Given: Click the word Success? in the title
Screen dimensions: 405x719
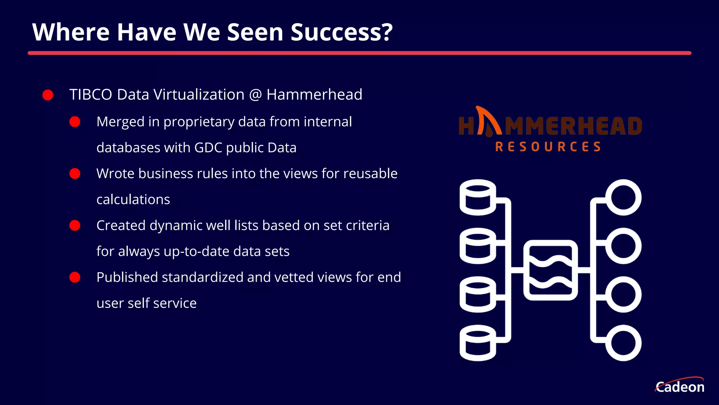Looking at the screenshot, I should [341, 32].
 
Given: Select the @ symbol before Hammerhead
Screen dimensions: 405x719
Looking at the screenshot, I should [256, 95].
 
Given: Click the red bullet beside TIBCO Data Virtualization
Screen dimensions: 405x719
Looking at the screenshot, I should [48, 95].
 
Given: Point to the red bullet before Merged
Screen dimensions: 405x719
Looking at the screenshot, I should [75, 122].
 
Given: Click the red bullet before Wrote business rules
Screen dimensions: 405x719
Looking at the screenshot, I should [75, 174].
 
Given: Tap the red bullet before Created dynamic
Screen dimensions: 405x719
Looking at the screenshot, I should [75, 225].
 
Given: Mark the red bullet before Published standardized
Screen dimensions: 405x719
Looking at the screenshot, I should [75, 277].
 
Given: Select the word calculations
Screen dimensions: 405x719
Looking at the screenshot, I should [133, 200].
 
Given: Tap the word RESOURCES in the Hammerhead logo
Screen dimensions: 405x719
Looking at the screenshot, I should [548, 147].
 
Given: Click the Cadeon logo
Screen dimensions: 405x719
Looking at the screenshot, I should [680, 386].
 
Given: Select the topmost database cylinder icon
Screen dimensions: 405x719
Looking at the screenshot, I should [478, 197].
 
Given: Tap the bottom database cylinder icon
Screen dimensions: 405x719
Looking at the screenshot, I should [478, 343].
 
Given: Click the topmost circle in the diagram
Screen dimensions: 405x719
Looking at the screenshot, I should [623, 197].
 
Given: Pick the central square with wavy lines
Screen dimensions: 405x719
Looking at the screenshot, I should [550, 270].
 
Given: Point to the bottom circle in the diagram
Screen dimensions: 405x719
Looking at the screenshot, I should [623, 343].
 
